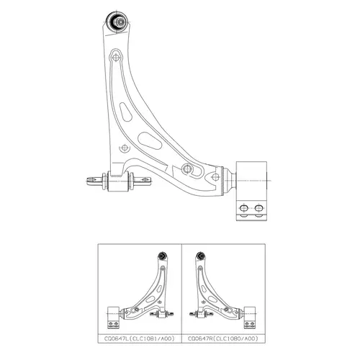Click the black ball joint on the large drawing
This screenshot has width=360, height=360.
point(117,22)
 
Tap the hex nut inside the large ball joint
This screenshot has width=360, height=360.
point(120,22)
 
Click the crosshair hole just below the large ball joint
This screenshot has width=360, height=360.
point(116,58)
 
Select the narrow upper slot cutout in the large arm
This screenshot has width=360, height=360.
point(125,112)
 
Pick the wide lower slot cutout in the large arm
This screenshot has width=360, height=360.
point(150,141)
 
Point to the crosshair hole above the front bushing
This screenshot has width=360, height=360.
point(125,148)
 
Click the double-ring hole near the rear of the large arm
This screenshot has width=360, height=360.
point(187,168)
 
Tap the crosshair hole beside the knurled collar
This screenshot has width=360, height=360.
point(215,177)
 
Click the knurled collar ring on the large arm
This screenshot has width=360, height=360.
point(222,181)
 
